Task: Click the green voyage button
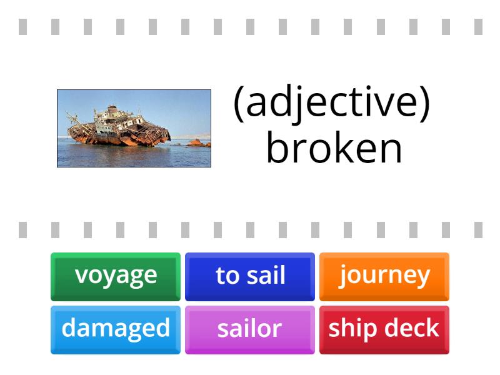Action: pos(116,276)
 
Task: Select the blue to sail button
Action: pos(250,276)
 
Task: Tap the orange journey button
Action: pos(384,276)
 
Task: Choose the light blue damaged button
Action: pos(116,329)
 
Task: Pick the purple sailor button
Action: pos(250,329)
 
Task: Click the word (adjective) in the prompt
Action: pos(332,103)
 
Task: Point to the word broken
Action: pos(334,148)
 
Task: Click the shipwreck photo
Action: pos(134,129)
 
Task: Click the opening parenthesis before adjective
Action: pos(238,104)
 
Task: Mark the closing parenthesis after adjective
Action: pos(425,104)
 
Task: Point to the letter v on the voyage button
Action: pos(80,276)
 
